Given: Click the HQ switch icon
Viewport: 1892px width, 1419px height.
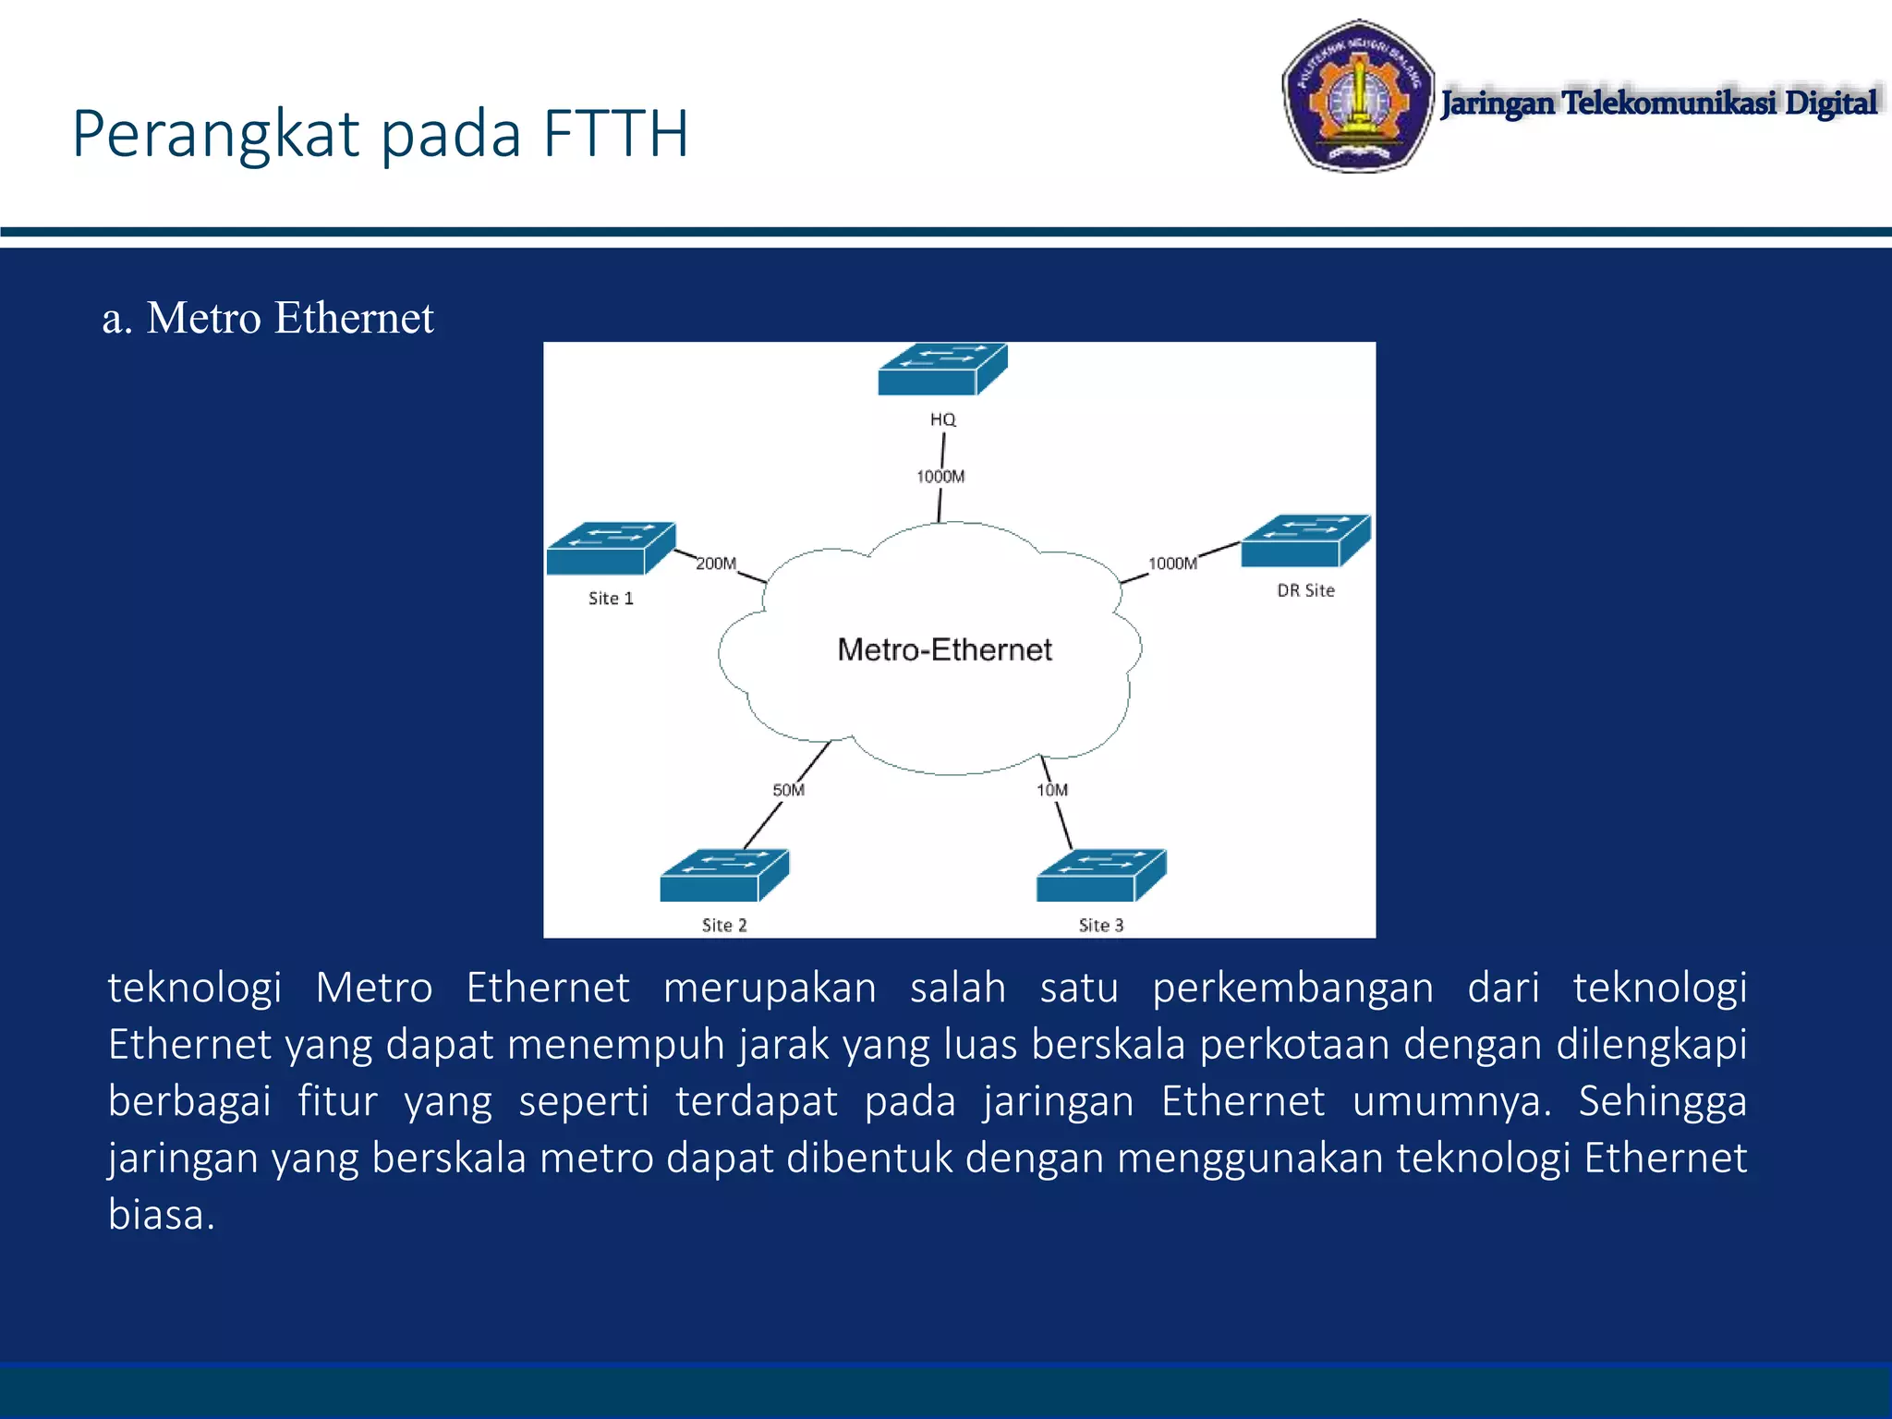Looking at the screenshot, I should tap(941, 370).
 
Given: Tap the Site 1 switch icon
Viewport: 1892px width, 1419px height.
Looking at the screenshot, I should tap(611, 549).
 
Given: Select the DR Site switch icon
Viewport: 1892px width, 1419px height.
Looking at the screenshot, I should tap(1305, 541).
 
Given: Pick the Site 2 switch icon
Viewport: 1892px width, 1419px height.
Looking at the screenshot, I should tap(724, 876).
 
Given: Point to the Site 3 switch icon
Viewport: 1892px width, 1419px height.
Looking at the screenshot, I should tap(1101, 876).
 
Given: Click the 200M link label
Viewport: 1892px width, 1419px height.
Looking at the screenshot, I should tap(716, 564).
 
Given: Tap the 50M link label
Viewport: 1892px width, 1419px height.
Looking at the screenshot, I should tap(789, 790).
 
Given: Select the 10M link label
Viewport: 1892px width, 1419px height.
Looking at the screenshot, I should tap(1052, 790).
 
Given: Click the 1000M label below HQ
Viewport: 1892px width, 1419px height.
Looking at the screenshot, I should tap(940, 477).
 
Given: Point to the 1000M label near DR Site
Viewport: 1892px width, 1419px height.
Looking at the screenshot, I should tap(1172, 564).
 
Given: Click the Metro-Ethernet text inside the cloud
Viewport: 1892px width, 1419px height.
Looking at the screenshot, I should tap(944, 649).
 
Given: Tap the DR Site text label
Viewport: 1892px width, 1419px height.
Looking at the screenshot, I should tap(1305, 590).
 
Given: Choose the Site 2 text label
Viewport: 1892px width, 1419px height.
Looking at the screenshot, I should tap(724, 925).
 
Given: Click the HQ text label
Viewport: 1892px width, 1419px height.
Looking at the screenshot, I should tap(942, 419).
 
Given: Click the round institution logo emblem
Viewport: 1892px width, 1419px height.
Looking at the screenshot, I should tap(1357, 96).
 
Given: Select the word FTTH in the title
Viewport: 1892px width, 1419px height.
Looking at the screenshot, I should tap(615, 135).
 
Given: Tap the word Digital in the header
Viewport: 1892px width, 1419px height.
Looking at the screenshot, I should tap(1830, 103).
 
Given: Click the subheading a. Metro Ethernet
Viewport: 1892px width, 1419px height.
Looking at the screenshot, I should tap(268, 318).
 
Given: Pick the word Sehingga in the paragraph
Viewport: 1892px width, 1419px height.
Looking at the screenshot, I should tap(1661, 1101).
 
